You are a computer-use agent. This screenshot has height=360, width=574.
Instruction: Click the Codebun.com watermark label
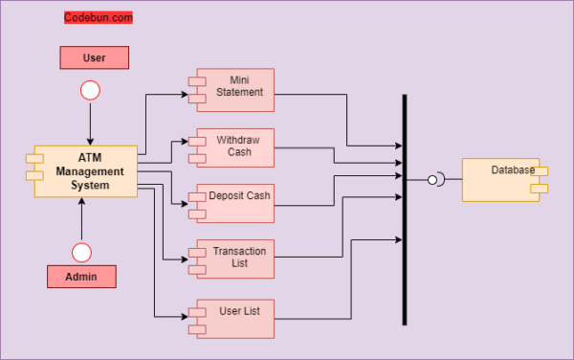tap(99, 17)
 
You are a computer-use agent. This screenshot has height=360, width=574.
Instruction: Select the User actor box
tap(94, 57)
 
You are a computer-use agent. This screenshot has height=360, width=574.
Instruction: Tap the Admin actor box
tap(81, 277)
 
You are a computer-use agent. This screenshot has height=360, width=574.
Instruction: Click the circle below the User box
tap(91, 91)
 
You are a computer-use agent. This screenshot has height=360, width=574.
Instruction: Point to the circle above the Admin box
tap(81, 252)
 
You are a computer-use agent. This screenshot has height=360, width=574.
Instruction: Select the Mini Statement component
tap(234, 89)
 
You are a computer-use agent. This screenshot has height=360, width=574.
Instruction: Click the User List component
tap(234, 318)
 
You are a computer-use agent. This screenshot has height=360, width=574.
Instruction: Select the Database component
tap(503, 178)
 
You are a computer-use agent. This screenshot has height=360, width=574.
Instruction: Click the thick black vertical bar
tap(405, 210)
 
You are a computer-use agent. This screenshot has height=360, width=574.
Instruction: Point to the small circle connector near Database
tap(432, 179)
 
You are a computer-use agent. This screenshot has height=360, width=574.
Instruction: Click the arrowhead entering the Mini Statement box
tap(190, 94)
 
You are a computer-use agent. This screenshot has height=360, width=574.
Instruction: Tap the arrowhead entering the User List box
tap(190, 317)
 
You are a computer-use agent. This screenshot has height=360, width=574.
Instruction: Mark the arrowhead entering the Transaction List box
tap(190, 259)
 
